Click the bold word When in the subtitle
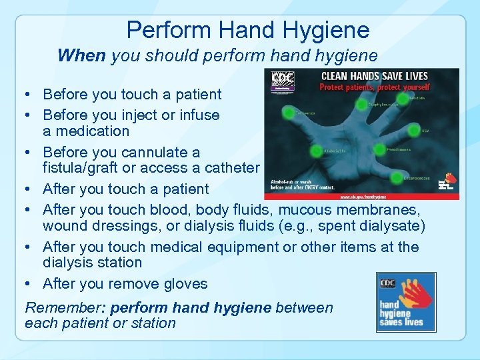(x=81, y=55)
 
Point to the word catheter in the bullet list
(x=233, y=167)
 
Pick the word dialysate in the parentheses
(x=390, y=225)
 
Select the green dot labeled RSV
(x=413, y=129)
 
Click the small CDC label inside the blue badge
(x=387, y=283)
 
